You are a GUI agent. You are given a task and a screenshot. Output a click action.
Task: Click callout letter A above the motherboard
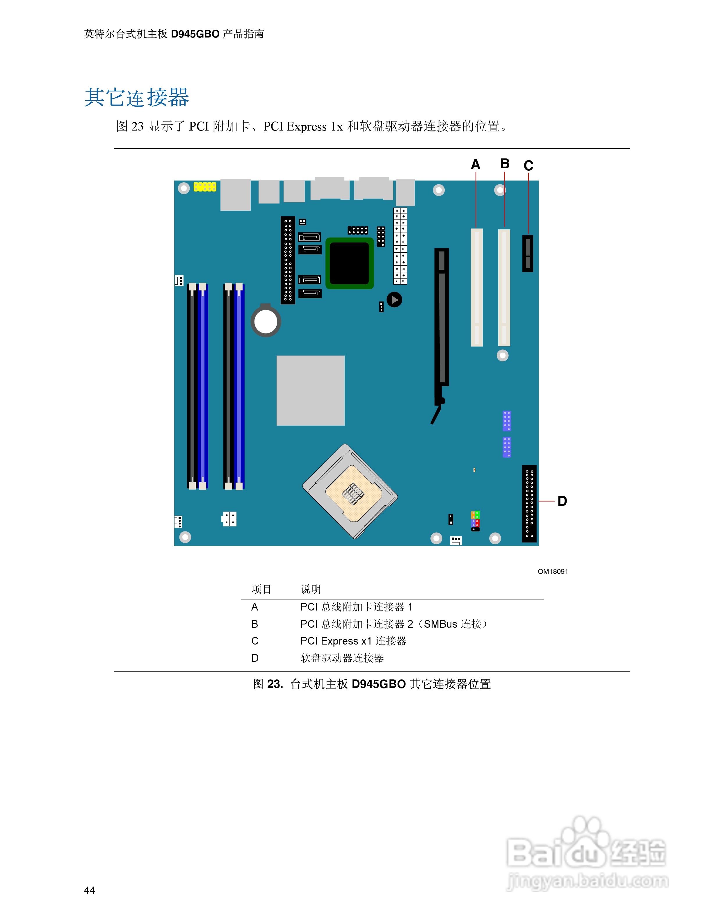click(475, 165)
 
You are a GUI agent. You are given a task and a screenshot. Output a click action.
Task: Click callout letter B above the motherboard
click(504, 164)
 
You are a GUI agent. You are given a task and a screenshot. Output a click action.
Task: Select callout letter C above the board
click(528, 165)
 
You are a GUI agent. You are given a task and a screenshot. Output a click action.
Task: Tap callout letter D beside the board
click(562, 501)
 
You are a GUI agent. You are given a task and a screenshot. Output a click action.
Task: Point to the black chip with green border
click(349, 263)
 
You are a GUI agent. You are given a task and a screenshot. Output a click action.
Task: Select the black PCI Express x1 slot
click(527, 254)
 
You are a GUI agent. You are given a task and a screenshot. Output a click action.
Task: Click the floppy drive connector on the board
click(529, 504)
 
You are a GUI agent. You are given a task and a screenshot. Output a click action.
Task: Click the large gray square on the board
click(310, 390)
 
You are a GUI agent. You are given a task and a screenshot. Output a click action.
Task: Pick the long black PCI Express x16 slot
click(442, 320)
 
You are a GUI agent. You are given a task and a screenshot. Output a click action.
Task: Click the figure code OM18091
click(553, 571)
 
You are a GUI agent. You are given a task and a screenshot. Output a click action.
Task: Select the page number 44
click(89, 890)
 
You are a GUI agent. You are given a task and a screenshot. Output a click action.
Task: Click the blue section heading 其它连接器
click(137, 98)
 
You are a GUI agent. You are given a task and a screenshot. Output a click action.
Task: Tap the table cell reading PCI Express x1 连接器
click(353, 641)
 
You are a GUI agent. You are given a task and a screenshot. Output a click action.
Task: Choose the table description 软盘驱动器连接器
click(342, 658)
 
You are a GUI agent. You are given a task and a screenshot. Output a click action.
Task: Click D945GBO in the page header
click(195, 34)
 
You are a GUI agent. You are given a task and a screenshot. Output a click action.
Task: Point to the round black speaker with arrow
click(394, 300)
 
